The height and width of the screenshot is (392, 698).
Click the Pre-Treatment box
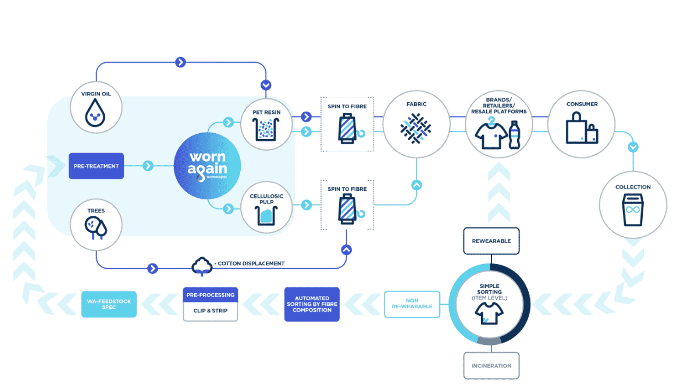click(97, 166)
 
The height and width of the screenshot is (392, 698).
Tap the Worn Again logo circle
click(207, 166)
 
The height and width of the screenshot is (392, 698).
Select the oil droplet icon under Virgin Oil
click(95, 113)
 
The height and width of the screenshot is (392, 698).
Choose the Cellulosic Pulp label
click(266, 199)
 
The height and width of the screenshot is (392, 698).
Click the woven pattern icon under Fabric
click(416, 129)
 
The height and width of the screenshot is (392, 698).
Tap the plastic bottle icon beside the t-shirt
click(514, 135)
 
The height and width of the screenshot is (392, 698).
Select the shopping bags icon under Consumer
click(582, 128)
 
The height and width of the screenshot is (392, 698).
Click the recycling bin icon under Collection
click(633, 210)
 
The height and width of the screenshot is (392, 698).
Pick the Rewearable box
click(492, 241)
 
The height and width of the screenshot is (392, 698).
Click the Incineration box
click(492, 365)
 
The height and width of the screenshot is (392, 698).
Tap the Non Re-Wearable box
click(412, 304)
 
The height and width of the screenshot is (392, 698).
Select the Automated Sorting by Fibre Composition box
click(312, 304)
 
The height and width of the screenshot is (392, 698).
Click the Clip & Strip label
click(211, 311)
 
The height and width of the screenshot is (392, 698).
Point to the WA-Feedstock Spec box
click(109, 304)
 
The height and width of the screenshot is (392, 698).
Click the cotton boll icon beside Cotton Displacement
click(202, 266)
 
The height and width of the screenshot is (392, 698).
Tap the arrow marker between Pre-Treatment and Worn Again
click(148, 166)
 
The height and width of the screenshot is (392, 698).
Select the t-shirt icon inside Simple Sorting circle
click(489, 313)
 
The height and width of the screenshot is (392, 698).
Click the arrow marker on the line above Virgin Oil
click(180, 62)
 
